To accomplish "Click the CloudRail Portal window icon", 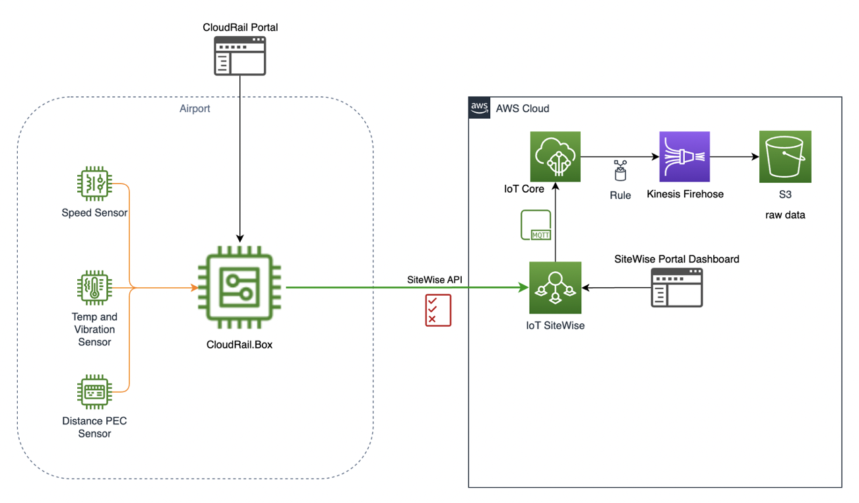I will coord(239,56).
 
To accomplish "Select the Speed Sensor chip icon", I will coord(94,183).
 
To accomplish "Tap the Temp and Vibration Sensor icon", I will coord(94,287).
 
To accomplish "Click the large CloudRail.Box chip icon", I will coord(239,288).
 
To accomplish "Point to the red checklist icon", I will coord(438,310).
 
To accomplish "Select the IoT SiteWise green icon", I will coord(555,288).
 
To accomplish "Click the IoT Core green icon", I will coord(555,156).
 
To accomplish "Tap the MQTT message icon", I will coord(536,225).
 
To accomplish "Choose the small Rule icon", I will coord(620,170).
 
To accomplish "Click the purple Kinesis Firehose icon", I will coord(684,156).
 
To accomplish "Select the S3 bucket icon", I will coord(785,156).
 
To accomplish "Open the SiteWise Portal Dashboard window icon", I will coord(677,287).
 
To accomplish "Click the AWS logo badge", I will coord(480,108).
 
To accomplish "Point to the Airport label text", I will coord(195,108).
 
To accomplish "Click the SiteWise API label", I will coord(435,279).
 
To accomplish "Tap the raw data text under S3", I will coord(785,215).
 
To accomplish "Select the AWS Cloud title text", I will coord(523,108).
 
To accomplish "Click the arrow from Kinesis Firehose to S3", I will coord(734,157).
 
